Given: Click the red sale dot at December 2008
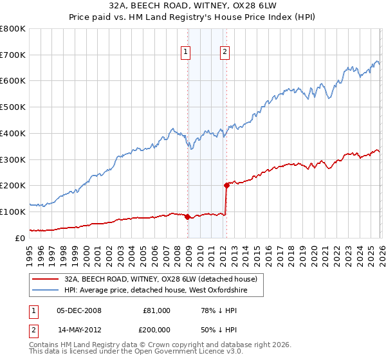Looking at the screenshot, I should point(187,217).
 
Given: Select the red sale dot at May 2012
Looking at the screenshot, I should point(226,185).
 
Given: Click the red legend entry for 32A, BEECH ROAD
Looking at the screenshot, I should point(160,279).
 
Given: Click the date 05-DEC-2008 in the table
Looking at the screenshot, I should point(79,310).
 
